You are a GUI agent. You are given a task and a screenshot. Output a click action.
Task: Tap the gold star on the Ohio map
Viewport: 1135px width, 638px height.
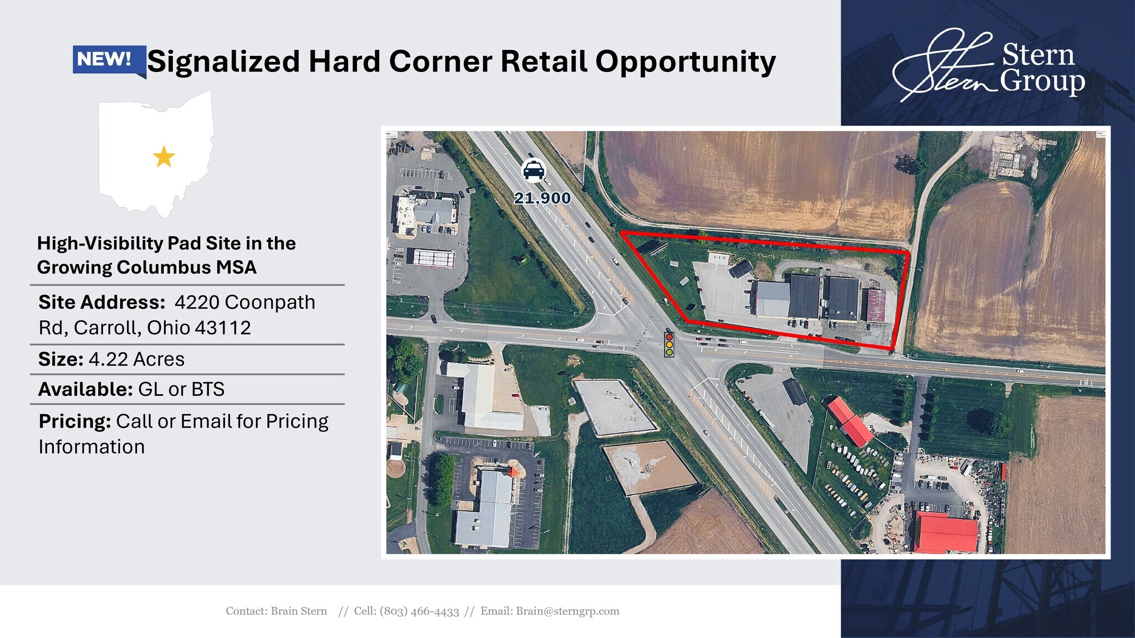[164, 157]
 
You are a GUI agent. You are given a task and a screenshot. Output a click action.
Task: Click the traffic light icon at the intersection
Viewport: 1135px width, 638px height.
[669, 344]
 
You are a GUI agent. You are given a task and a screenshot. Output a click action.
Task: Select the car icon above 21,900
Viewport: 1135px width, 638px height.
[534, 171]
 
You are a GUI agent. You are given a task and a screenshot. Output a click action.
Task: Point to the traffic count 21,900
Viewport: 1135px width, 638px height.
[543, 198]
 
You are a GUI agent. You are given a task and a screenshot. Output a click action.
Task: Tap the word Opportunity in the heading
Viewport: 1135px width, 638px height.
[686, 62]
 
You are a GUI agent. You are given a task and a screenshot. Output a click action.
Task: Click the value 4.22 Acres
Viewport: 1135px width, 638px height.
[136, 359]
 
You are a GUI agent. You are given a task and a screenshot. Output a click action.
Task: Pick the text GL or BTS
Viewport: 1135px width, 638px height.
[181, 389]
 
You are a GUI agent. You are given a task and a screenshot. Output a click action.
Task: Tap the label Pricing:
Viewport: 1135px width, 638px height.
[75, 422]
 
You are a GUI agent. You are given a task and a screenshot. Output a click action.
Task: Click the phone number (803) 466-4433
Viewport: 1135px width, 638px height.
[420, 611]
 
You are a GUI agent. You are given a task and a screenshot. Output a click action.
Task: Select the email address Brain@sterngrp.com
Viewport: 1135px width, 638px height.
[567, 611]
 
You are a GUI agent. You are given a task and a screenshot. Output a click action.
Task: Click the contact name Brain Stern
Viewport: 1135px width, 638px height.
[299, 611]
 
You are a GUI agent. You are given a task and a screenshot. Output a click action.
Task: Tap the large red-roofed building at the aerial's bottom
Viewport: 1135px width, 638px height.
[945, 532]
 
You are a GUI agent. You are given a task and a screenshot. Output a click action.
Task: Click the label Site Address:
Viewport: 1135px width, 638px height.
[102, 302]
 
